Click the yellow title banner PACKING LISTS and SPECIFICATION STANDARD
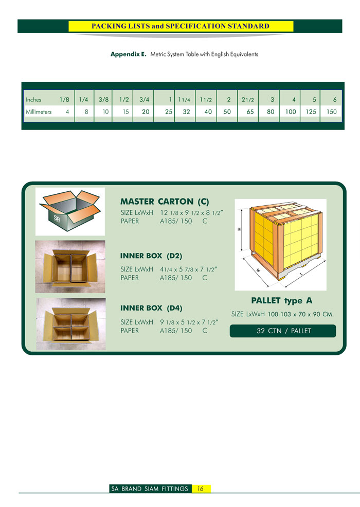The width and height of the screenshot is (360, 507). coord(181,26)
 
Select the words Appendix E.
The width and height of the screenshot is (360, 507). coord(129,55)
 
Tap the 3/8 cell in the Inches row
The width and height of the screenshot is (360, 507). coord(103,100)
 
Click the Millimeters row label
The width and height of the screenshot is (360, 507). coord(39,112)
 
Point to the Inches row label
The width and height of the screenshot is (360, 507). coord(33,100)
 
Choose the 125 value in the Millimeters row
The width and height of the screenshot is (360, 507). coord(311,112)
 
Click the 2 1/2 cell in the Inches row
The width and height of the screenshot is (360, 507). coord(248,100)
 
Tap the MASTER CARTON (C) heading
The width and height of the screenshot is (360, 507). coord(165,202)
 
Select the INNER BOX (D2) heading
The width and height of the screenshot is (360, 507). coord(151,256)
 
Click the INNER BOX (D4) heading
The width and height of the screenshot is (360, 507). coord(151,308)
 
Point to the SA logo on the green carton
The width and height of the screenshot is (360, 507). coord(57,218)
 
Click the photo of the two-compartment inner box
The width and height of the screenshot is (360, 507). coord(70,267)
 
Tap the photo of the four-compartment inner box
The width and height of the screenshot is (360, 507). coord(71,324)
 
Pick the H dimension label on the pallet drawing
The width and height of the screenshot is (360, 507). coord(239,229)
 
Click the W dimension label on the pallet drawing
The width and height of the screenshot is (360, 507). coord(258,270)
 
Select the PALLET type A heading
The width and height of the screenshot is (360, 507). coord(282,301)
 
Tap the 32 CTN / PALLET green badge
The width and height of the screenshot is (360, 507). coord(283,331)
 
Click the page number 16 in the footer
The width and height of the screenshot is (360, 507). coord(200,488)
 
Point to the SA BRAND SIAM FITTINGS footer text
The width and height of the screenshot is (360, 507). coord(150,488)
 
